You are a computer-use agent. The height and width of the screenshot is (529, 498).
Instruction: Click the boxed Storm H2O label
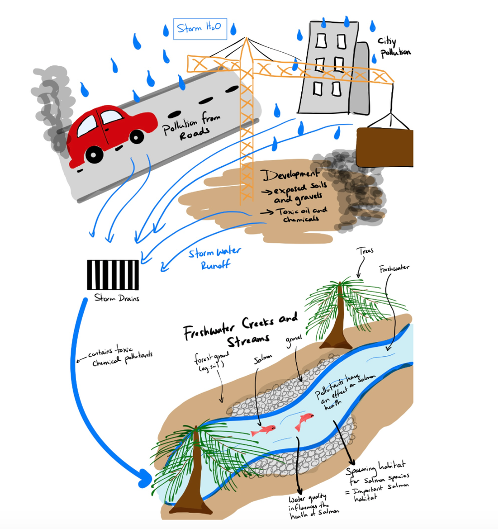200,29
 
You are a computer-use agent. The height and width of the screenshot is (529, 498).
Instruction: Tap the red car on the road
111,130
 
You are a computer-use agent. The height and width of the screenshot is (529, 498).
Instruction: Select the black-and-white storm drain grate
113,275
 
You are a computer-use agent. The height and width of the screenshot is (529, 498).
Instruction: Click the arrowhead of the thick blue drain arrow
144,480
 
